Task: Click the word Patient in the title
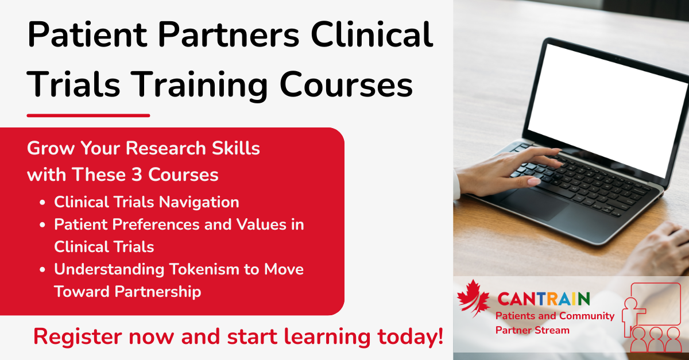(x=87, y=34)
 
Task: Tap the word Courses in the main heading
(x=346, y=85)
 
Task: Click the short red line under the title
(x=88, y=115)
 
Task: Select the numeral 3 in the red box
(x=137, y=175)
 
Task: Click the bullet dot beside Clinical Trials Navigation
(x=42, y=203)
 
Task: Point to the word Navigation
(x=199, y=203)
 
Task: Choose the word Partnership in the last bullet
(x=158, y=292)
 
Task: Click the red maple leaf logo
(x=473, y=298)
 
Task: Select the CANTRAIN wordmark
(x=544, y=299)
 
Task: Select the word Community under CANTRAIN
(x=587, y=316)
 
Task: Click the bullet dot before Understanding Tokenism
(x=42, y=270)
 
